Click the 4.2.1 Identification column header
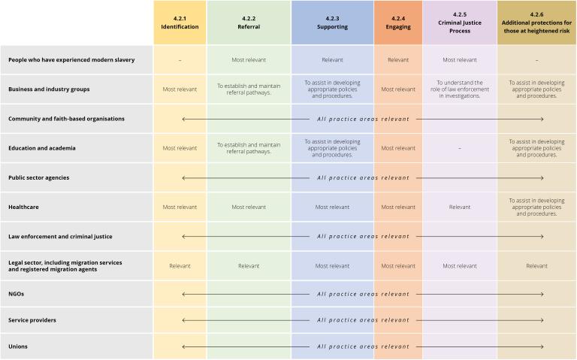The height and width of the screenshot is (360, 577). click(179, 23)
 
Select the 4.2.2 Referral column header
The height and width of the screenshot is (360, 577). click(249, 23)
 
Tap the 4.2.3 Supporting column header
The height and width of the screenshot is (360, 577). click(332, 23)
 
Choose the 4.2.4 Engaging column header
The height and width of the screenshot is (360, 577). click(398, 23)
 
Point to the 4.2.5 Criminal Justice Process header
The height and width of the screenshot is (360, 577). click(459, 23)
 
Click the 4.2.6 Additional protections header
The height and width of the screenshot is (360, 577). click(536, 23)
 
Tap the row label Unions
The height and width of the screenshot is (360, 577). click(18, 346)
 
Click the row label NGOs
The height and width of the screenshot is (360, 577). click(16, 294)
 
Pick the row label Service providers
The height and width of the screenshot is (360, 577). click(32, 320)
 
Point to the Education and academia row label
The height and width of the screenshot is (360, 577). click(42, 148)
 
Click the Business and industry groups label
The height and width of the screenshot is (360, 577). click(49, 89)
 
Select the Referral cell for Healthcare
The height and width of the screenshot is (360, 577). click(249, 207)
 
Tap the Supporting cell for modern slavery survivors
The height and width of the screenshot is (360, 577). click(332, 59)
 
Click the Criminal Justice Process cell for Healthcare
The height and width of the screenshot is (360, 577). click(459, 207)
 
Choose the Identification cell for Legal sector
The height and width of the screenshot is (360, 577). click(180, 265)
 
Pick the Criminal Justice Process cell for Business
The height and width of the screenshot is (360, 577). click(459, 89)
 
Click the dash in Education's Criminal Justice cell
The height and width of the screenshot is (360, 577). click(459, 148)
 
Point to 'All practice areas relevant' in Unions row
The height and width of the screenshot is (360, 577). click(363, 346)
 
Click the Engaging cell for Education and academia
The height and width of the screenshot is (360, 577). click(398, 148)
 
